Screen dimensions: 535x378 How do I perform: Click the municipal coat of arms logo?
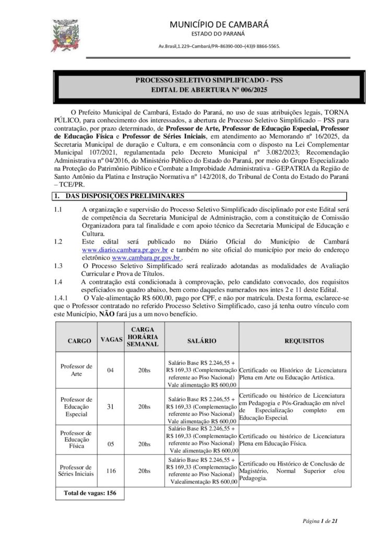coord(65,35)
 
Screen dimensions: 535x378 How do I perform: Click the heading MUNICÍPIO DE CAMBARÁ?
coord(220,24)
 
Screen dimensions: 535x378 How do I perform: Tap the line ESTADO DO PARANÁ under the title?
coord(220,34)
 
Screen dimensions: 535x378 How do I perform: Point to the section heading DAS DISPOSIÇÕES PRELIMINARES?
coord(124,196)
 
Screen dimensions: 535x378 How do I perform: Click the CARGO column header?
coord(77,340)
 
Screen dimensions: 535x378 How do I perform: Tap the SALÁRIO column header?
coord(202,340)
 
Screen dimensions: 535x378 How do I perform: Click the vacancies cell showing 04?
coord(110,370)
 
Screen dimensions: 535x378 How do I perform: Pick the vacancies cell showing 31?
coord(110,406)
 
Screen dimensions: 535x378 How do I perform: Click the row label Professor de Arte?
coord(77,370)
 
